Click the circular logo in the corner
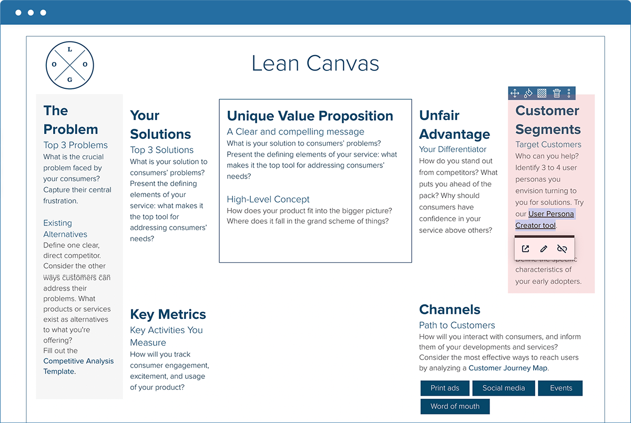click(x=70, y=65)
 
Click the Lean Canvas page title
click(x=315, y=64)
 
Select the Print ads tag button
click(x=445, y=388)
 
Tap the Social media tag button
click(x=503, y=388)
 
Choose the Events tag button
click(x=561, y=388)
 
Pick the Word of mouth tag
click(x=455, y=406)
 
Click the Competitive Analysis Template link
click(x=78, y=366)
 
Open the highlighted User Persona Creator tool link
click(x=544, y=220)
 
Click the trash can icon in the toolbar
click(x=557, y=94)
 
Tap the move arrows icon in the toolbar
click(x=515, y=94)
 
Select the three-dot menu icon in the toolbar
click(x=569, y=94)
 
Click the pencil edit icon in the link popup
click(x=544, y=249)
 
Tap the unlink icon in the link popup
click(x=562, y=249)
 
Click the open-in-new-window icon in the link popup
click(x=525, y=249)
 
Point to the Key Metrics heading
click(x=168, y=314)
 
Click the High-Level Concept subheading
click(x=268, y=199)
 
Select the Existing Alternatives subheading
click(x=65, y=229)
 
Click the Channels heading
click(x=450, y=309)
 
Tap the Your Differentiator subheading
click(x=453, y=149)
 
